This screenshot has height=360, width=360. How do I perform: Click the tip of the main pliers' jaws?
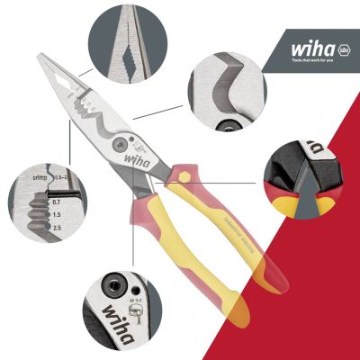pos(40,58)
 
